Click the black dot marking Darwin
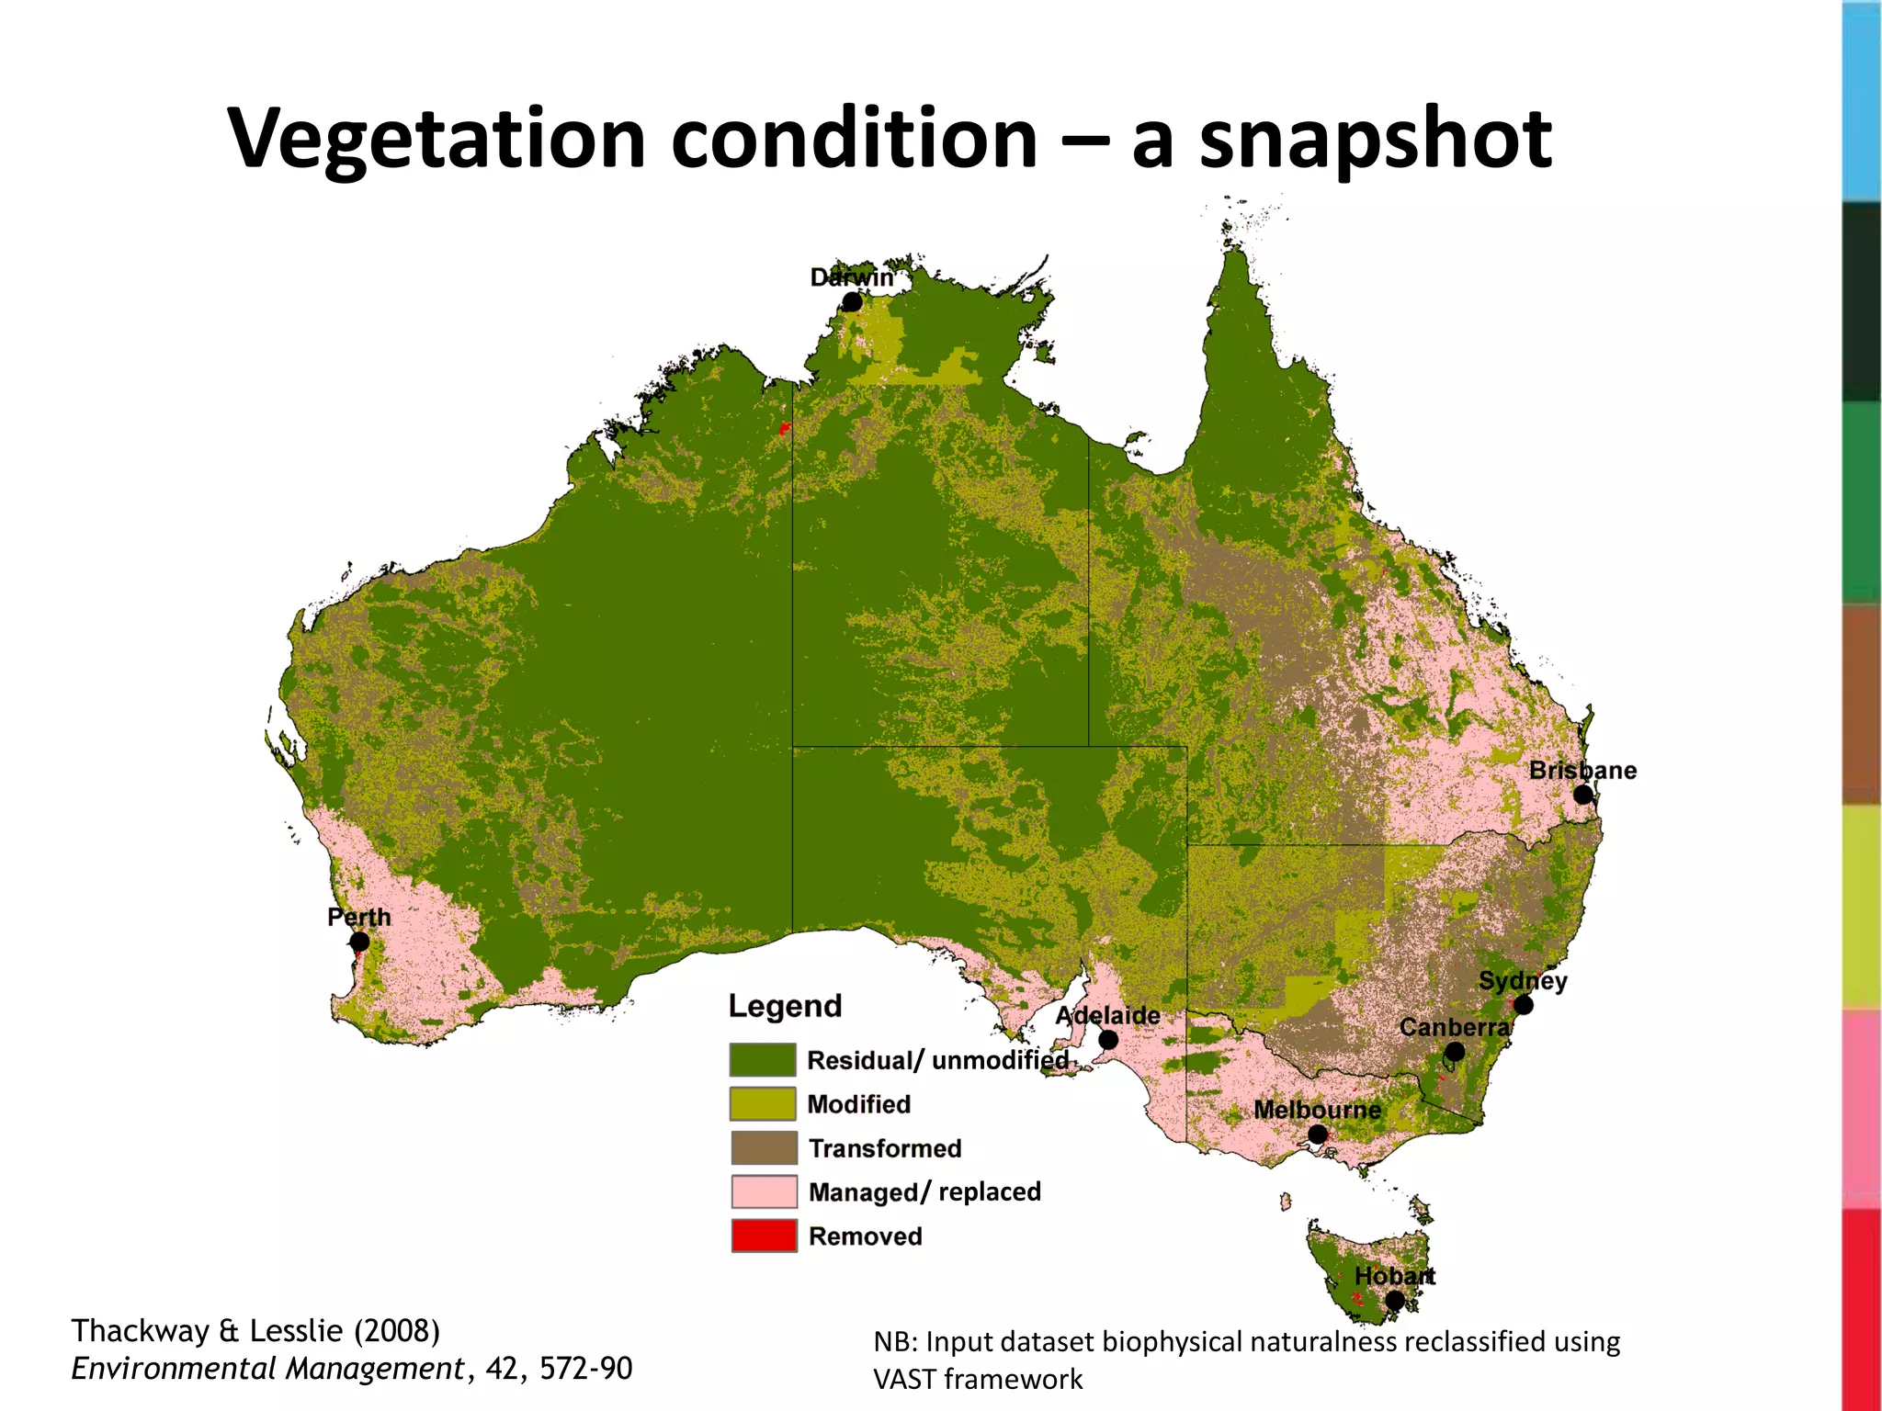[x=852, y=301]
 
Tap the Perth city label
[x=358, y=917]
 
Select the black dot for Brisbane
[x=1582, y=795]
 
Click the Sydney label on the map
[x=1522, y=980]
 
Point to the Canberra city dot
[x=1455, y=1052]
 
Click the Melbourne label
[x=1317, y=1110]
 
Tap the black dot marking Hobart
[x=1395, y=1300]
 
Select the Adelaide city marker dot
[x=1108, y=1040]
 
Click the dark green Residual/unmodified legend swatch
[x=763, y=1059]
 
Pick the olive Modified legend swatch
[x=763, y=1103]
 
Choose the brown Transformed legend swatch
[x=763, y=1147]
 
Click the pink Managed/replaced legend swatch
[x=763, y=1191]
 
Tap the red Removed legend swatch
[x=763, y=1236]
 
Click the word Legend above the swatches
[x=785, y=1006]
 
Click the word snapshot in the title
[x=1376, y=140]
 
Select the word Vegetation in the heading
[x=436, y=140]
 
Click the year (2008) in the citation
[x=397, y=1330]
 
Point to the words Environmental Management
[x=267, y=1369]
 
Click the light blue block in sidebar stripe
[x=1862, y=101]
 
